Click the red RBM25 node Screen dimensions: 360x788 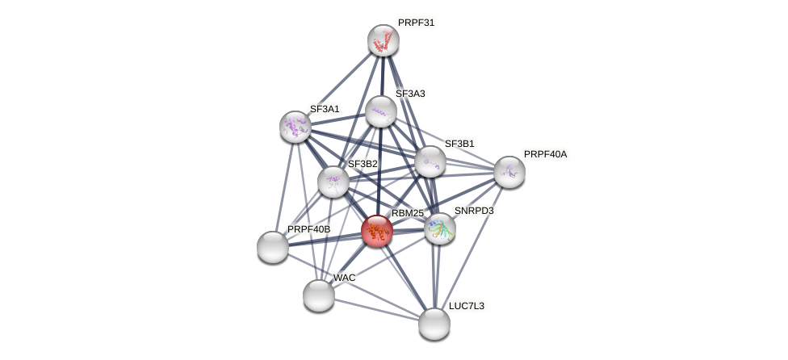pyautogui.click(x=377, y=231)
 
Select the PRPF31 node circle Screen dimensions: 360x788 pyautogui.click(x=384, y=40)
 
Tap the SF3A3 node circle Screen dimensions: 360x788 pyautogui.click(x=381, y=111)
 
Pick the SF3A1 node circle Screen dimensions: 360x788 pyautogui.click(x=295, y=127)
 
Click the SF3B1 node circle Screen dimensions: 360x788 pyautogui.click(x=430, y=161)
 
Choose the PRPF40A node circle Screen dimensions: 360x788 pyautogui.click(x=509, y=172)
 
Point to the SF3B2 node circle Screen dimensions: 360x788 pyautogui.click(x=333, y=182)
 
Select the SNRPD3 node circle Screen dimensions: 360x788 pyautogui.click(x=440, y=228)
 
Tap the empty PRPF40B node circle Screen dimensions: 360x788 pyautogui.click(x=273, y=247)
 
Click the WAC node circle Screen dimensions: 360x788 pyautogui.click(x=319, y=295)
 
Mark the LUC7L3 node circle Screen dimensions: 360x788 pyautogui.click(x=434, y=324)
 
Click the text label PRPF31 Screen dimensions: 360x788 pyautogui.click(x=416, y=23)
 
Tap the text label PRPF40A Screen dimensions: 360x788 pyautogui.click(x=545, y=154)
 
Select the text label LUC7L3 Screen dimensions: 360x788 pyautogui.click(x=467, y=306)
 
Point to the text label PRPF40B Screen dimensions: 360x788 pyautogui.click(x=308, y=229)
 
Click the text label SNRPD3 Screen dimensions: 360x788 pyautogui.click(x=473, y=211)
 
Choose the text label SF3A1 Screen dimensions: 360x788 pyautogui.click(x=325, y=109)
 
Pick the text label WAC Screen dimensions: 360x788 pyautogui.click(x=344, y=278)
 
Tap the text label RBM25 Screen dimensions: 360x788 pyautogui.click(x=407, y=213)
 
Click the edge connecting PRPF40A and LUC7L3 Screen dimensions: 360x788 pyautogui.click(x=472, y=247)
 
